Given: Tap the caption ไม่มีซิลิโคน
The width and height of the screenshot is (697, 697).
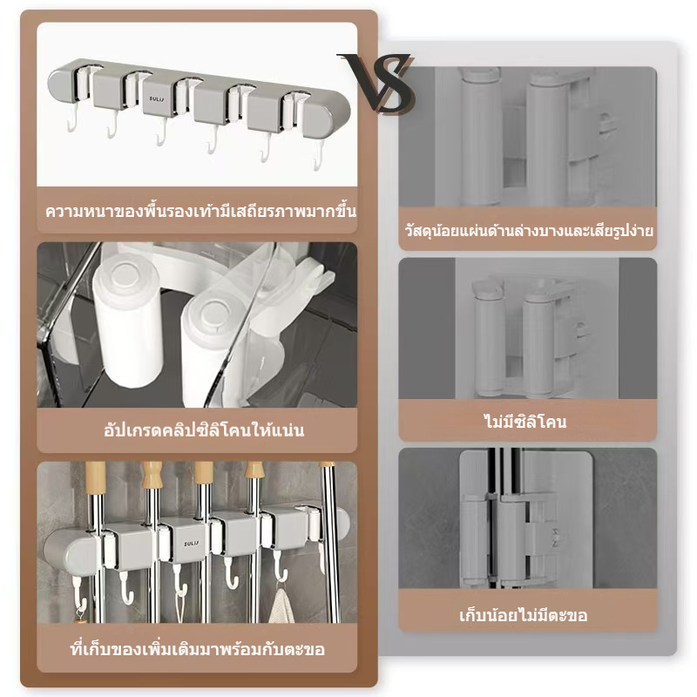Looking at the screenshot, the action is (525, 422).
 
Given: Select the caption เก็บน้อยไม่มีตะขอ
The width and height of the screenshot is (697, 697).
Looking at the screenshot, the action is (524, 616).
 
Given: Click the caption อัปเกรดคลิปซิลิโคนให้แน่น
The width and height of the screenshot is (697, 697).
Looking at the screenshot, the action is (204, 430).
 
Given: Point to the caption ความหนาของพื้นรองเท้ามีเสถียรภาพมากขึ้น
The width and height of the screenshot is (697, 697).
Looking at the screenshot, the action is (200, 210).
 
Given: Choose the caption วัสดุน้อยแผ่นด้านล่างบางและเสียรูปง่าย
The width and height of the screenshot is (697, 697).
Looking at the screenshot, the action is (529, 230).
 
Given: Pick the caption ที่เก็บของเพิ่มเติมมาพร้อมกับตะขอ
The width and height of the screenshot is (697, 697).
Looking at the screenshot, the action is (198, 649).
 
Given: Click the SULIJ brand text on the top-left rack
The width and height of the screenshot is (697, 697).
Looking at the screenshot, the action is (157, 98).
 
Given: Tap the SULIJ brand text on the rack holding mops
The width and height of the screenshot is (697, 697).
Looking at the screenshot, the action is (192, 543).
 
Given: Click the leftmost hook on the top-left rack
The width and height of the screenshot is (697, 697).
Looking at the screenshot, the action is (73, 120).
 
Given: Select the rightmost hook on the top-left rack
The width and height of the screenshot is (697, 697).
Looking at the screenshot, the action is (318, 157).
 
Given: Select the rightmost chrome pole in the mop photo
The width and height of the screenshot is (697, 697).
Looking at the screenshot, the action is (330, 542).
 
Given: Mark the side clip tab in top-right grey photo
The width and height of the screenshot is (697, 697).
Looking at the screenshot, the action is (606, 123).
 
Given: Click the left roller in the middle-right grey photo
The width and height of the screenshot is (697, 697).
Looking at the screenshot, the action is (489, 340).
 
